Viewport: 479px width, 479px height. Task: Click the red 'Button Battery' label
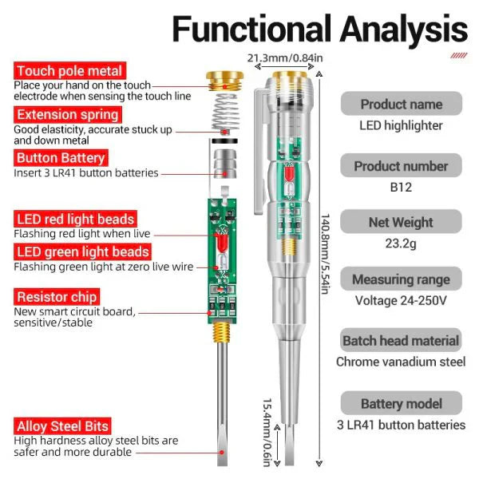tap(60, 158)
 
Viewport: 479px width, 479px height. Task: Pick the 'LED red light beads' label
tap(75, 219)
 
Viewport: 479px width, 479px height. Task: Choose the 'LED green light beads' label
tap(81, 253)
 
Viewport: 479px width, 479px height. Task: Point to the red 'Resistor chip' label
tap(57, 298)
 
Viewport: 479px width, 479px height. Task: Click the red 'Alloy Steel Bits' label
tap(62, 426)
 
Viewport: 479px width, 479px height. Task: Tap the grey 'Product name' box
tap(401, 104)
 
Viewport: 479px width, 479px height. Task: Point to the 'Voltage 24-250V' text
tap(401, 301)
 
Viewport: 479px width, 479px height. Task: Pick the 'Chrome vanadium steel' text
tap(401, 362)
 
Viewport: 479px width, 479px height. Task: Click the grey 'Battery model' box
tap(401, 404)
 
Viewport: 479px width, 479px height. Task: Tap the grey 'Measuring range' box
tap(401, 279)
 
